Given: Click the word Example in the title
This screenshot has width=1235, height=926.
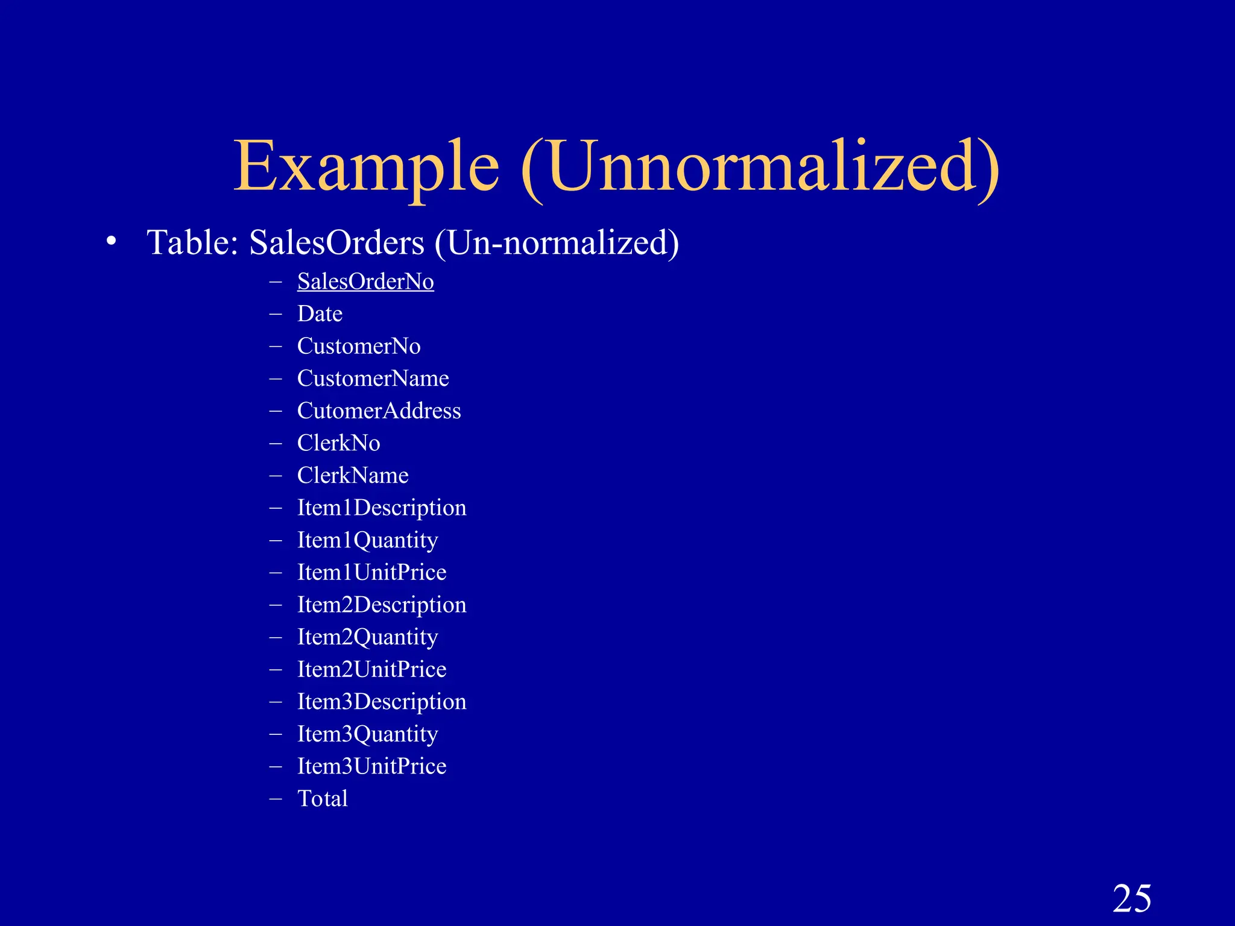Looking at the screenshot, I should pos(366,166).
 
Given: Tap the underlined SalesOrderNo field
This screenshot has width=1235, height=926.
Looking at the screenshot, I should pos(365,282).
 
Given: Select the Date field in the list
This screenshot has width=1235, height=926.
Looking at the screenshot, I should pos(320,314).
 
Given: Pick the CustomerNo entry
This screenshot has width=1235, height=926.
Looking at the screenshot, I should pos(359,346).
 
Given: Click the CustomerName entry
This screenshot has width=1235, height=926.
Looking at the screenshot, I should pos(373,379).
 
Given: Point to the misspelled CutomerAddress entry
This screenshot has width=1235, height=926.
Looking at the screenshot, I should pos(379,411).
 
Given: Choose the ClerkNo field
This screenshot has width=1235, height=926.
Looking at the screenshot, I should pos(338,443).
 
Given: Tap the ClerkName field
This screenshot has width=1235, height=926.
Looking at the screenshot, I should pos(353,476).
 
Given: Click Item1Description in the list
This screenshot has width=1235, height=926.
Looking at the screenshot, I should pos(382,508).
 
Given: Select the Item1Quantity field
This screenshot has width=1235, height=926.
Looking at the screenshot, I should pos(367,540).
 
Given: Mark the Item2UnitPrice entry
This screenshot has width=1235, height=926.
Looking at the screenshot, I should pos(371,669).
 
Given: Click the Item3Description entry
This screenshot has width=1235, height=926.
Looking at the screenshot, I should pos(382,702).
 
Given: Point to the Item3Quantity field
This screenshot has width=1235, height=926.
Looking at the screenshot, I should pos(367,734).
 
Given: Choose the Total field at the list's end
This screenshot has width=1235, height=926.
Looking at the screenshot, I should pos(323,799).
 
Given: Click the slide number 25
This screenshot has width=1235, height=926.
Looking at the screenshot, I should pos(1132,899).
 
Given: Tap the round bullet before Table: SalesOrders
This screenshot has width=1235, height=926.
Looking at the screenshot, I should pos(110,241).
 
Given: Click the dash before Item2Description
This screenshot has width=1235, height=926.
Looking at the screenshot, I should pos(276,605).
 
